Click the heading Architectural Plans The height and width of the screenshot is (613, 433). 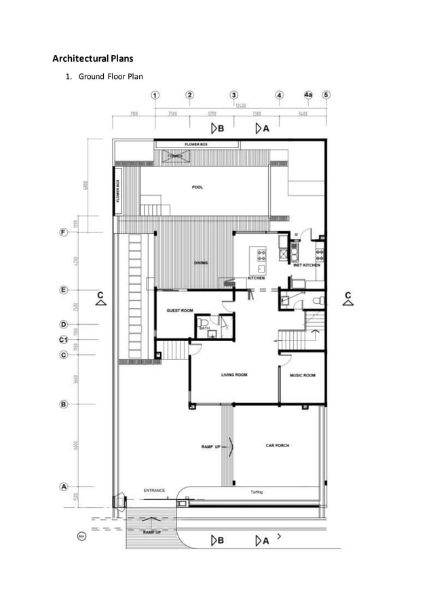93,58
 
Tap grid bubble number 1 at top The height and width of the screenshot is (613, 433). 155,94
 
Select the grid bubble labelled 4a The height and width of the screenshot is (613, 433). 309,94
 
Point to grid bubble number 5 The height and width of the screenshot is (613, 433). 326,94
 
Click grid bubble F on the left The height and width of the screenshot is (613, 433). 63,232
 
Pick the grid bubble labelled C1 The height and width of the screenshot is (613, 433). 63,339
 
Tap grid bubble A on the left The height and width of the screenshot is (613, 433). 63,487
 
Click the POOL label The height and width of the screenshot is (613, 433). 197,187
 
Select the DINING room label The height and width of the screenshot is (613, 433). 201,263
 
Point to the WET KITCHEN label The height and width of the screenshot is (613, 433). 306,265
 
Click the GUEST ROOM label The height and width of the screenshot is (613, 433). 180,311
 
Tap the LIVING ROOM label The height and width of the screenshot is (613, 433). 233,374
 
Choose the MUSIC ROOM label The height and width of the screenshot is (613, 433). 302,374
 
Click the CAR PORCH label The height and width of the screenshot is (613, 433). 277,445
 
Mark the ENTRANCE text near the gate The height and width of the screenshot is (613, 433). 154,490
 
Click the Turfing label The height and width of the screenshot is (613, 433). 257,492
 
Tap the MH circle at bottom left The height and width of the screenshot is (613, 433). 81,537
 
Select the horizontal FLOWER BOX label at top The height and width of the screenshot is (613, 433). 196,144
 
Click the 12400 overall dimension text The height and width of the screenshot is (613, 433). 241,105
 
